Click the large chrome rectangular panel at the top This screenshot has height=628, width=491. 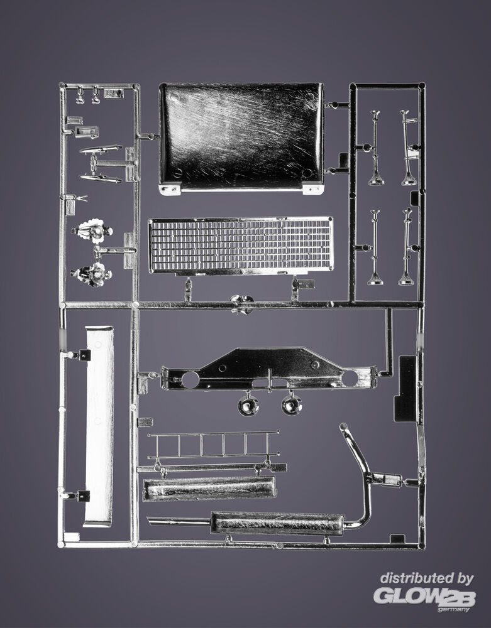[x=241, y=138]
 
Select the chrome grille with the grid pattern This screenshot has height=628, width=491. [x=241, y=246]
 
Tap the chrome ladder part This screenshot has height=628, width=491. [x=213, y=445]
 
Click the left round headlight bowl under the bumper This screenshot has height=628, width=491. [x=248, y=405]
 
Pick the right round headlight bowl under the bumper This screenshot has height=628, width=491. [x=291, y=404]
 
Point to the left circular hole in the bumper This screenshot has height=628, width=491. [x=190, y=379]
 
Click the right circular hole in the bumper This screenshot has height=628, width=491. [x=350, y=377]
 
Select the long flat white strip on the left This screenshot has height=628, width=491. [x=99, y=426]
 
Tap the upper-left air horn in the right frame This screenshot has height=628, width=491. [x=375, y=148]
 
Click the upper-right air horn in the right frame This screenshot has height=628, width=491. [x=409, y=148]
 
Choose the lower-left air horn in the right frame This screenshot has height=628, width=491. [x=375, y=247]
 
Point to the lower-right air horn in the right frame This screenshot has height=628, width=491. [x=406, y=247]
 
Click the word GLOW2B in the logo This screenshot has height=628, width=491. [x=424, y=597]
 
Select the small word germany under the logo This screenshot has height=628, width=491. [x=453, y=609]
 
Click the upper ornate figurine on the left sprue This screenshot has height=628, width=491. [x=92, y=230]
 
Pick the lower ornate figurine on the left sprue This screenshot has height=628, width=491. [x=91, y=274]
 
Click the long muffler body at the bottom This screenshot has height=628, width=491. [x=277, y=523]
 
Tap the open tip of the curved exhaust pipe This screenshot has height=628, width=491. [x=343, y=426]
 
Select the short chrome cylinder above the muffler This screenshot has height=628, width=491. [x=209, y=489]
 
